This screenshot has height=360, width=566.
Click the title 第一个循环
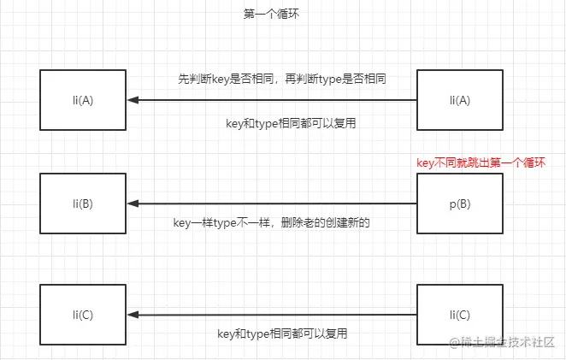271,15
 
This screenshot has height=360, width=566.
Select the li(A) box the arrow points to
83,100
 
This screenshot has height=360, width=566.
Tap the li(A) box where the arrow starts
459,100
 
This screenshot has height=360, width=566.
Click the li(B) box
83,204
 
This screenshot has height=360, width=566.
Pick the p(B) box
459,204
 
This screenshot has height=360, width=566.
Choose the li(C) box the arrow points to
83,315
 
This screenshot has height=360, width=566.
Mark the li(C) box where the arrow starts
459,315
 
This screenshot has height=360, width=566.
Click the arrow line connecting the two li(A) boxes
274,100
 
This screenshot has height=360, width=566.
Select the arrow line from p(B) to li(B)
274,204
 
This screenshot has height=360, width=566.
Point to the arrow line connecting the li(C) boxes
274,315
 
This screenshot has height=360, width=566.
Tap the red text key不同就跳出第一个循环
480,162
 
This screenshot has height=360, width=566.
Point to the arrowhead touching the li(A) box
133,100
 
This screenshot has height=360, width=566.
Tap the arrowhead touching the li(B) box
133,204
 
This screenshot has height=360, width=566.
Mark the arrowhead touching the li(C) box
133,315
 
